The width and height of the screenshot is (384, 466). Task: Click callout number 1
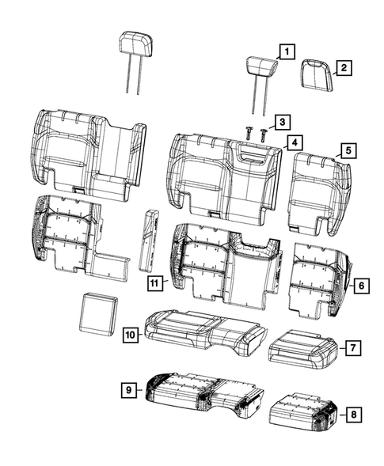pos(286,52)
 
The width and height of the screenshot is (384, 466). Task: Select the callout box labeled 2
pos(344,69)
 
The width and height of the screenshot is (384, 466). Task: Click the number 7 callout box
pos(353,347)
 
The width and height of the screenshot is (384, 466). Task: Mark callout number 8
pos(353,411)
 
